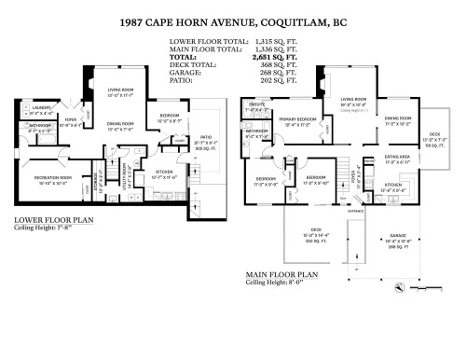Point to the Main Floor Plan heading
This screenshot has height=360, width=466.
(x=281, y=275)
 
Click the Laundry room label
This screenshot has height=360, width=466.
(x=40, y=108)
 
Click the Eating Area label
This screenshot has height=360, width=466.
(x=398, y=158)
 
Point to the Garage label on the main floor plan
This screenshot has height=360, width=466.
(x=399, y=238)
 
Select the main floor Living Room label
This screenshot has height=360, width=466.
(x=353, y=98)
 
